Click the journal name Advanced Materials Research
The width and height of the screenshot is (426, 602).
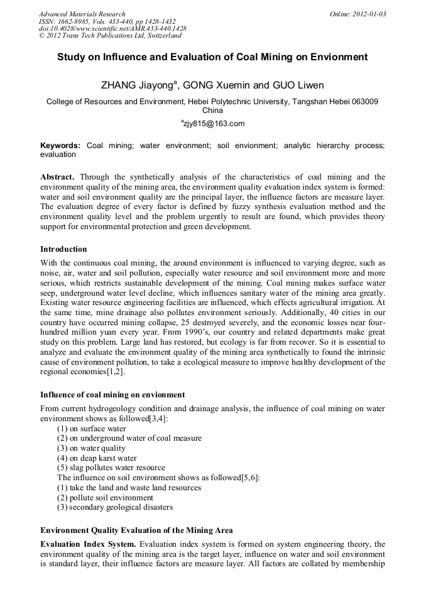tap(82, 14)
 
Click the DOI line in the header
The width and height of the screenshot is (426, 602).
tap(112, 28)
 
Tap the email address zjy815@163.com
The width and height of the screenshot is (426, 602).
tap(213, 123)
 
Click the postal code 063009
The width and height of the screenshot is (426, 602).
tap(363, 101)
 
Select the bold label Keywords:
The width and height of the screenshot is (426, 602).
tap(60, 145)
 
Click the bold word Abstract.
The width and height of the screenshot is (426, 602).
tap(57, 178)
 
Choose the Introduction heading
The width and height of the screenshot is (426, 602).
tap(63, 249)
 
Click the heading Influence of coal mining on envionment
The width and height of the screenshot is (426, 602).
tap(112, 395)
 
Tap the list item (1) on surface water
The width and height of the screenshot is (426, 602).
tap(92, 429)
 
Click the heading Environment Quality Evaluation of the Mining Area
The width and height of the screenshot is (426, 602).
tap(136, 530)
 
